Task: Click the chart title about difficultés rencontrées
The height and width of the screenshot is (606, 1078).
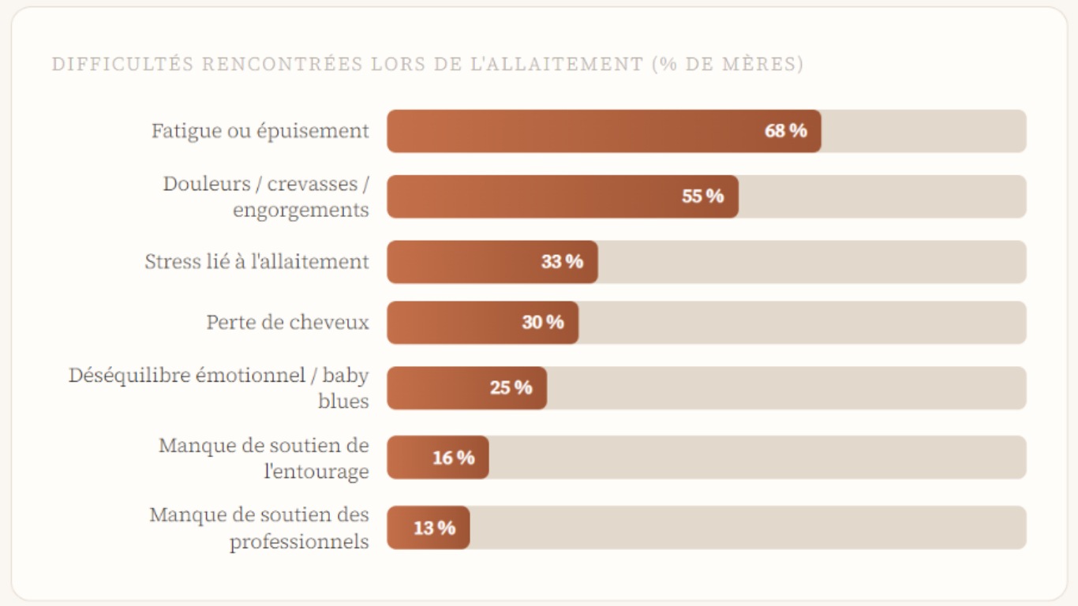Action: (x=427, y=65)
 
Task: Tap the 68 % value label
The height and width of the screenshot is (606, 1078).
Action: (x=785, y=131)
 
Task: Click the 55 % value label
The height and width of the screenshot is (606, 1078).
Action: (x=702, y=196)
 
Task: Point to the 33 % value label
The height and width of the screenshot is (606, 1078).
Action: (x=562, y=262)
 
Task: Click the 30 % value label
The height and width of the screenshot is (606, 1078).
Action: (x=542, y=323)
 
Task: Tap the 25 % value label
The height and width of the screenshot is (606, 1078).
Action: (x=511, y=388)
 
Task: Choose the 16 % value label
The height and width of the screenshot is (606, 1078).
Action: (x=453, y=458)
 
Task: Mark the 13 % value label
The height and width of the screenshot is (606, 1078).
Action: (x=434, y=528)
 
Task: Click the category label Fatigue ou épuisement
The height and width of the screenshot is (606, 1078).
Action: (x=260, y=131)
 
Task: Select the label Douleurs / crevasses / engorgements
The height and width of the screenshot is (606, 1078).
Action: (x=266, y=196)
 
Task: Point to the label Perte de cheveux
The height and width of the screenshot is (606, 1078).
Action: (x=287, y=323)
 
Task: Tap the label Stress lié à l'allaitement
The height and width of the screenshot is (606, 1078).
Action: (x=256, y=262)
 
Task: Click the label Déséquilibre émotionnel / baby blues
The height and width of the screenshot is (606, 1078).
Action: (x=219, y=387)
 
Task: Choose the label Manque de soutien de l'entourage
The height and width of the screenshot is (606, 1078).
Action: (x=264, y=458)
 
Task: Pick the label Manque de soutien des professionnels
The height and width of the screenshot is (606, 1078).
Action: (x=259, y=528)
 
